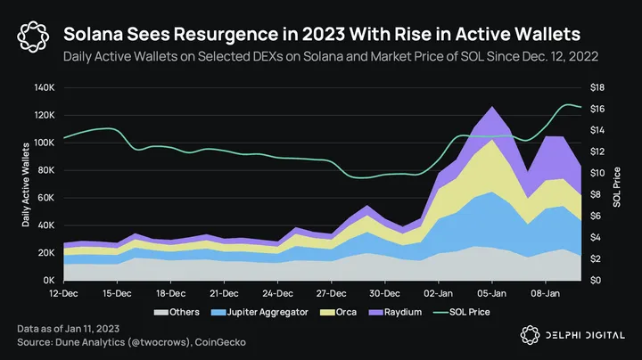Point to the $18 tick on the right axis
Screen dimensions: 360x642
pos(598,87)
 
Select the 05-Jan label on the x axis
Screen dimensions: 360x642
pos(492,291)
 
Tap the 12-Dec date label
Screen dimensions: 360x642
pos(63,291)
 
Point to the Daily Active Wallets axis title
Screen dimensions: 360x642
pos(27,184)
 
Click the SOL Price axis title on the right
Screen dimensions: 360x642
pos(616,184)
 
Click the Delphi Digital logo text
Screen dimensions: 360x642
pos(583,334)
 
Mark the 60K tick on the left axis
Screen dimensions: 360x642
pos(46,198)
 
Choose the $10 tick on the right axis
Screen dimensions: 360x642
pos(598,173)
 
